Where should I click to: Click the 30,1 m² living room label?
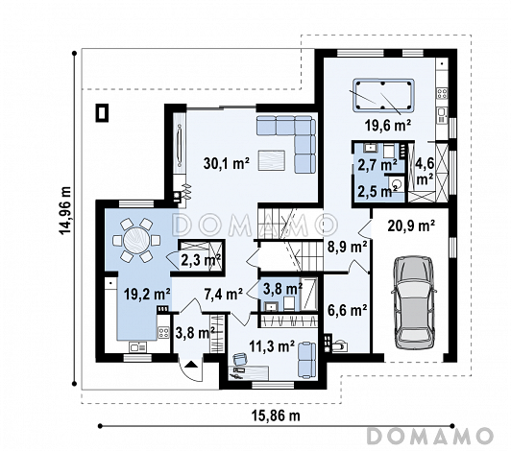[x=227, y=163]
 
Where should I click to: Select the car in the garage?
[x=414, y=302]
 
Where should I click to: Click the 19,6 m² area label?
[x=387, y=126]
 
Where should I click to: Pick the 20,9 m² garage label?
[x=411, y=225]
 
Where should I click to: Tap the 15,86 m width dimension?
[x=276, y=415]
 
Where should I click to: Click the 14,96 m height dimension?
[x=65, y=210]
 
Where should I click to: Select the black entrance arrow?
[x=191, y=364]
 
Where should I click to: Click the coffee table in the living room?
[x=272, y=160]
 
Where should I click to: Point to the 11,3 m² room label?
[x=272, y=346]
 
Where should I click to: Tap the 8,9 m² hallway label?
[x=348, y=248]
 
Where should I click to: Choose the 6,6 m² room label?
[x=348, y=310]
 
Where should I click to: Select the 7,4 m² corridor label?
[x=223, y=295]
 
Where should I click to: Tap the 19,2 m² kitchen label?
[x=147, y=295]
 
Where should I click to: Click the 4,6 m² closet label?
[x=426, y=171]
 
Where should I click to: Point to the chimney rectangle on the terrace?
[x=102, y=113]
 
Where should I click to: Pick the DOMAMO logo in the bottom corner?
[x=430, y=436]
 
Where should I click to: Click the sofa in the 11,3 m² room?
[x=307, y=360]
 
